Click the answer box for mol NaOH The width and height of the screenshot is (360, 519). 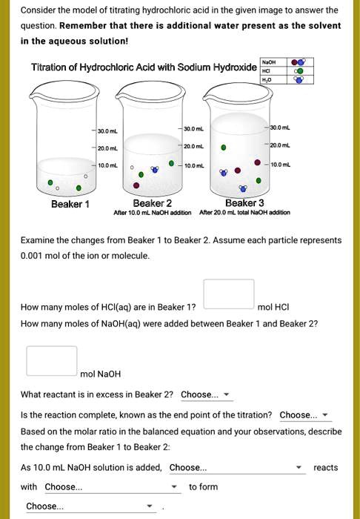52,360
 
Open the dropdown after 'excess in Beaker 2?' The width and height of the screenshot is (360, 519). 206,394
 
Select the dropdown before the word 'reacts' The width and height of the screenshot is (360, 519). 236,468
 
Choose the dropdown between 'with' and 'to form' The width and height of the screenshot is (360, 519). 112,487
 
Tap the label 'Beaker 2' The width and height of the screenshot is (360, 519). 153,203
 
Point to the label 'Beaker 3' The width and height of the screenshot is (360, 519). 244,203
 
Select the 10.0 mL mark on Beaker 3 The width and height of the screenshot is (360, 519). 283,163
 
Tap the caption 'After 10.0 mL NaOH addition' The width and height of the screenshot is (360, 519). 153,213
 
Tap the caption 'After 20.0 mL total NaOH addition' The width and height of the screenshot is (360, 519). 245,213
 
